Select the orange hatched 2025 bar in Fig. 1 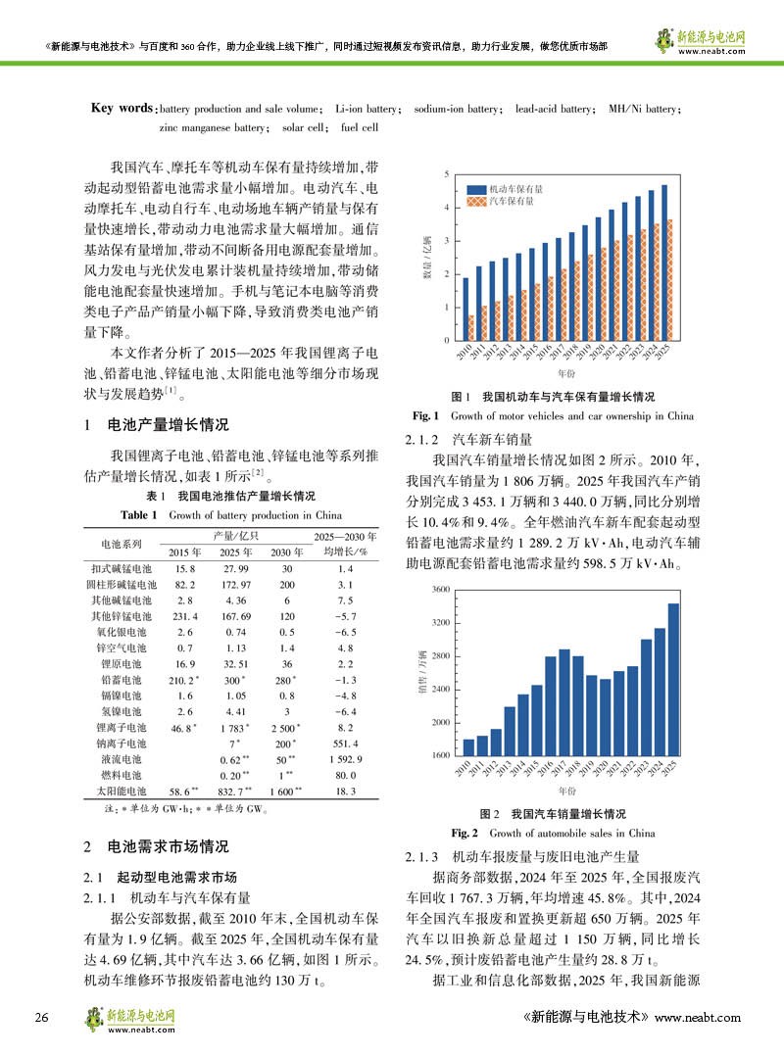coord(669,279)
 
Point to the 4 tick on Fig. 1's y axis coord(448,208)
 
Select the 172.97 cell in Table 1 coord(232,583)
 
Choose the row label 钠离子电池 coord(121,744)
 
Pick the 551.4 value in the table coord(345,744)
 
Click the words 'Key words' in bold coord(122,108)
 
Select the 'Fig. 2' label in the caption coord(465,833)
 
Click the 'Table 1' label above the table coord(141,514)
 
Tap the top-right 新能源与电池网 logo coord(698,40)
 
